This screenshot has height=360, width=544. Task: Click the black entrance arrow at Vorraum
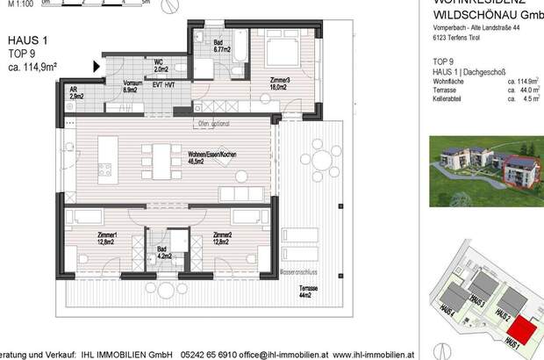tap(97, 66)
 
